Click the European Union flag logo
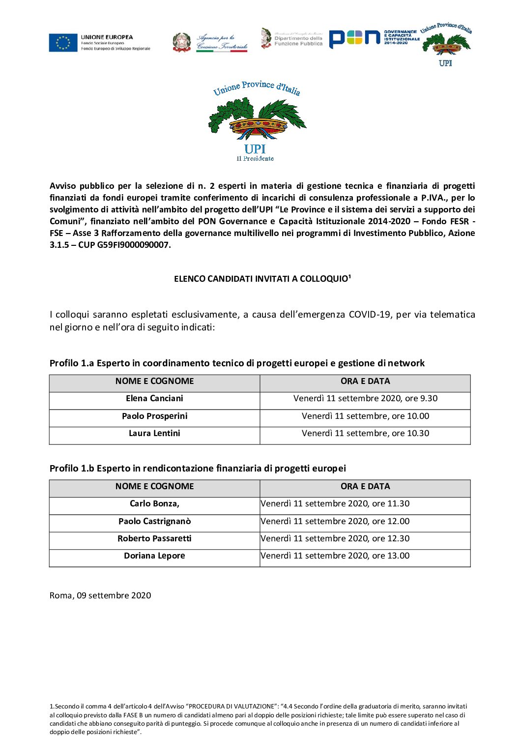(63, 43)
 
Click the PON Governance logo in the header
(374, 38)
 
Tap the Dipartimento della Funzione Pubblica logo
(292, 38)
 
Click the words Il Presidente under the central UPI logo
(255, 159)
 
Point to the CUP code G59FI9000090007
(133, 245)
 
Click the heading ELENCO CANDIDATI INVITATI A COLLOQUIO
(262, 279)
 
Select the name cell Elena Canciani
(154, 398)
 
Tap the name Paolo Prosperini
(154, 416)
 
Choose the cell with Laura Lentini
(154, 433)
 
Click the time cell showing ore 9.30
(365, 398)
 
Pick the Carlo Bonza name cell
(154, 503)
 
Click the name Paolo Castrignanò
(154, 521)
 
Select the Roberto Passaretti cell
(154, 538)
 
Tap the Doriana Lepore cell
(154, 556)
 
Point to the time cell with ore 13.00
(335, 556)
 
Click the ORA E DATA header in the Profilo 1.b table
(365, 486)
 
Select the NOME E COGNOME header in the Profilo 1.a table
(154, 381)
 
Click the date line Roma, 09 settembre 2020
(100, 595)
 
